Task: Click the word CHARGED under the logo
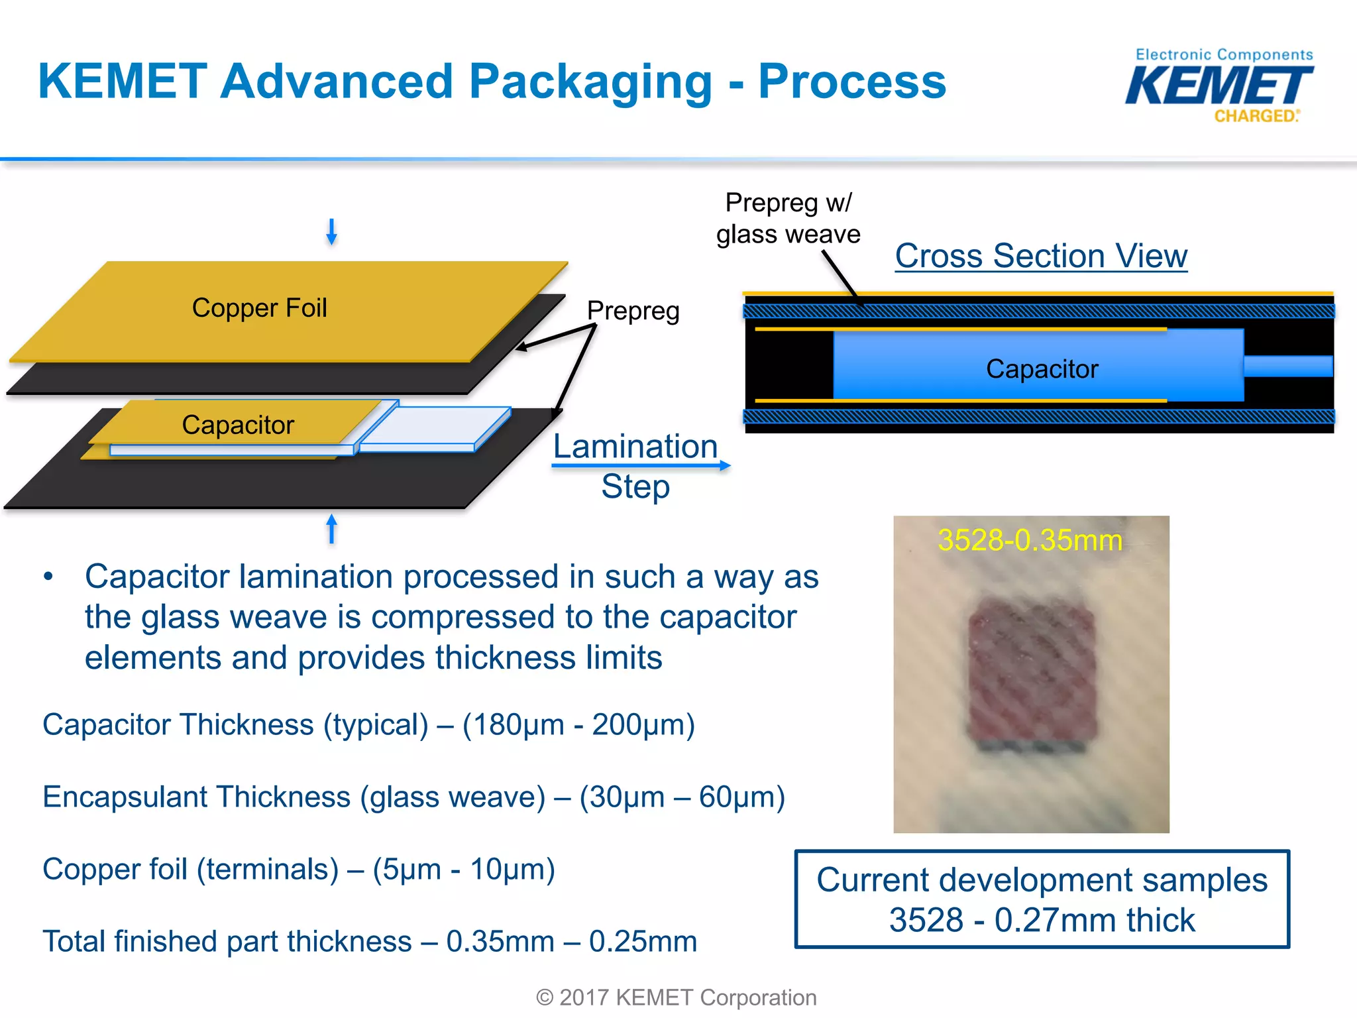(x=1255, y=116)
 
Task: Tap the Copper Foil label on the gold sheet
(x=259, y=308)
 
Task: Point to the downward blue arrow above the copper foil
(x=331, y=232)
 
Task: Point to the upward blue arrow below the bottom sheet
(x=331, y=529)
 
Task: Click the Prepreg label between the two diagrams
(x=633, y=311)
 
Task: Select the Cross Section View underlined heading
(x=1041, y=256)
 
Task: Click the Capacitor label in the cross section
(x=1042, y=369)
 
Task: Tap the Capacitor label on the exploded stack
(x=237, y=425)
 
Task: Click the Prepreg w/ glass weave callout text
(x=788, y=219)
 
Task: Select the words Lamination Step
(x=635, y=466)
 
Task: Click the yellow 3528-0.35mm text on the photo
(x=1030, y=540)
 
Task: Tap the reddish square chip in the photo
(x=1031, y=676)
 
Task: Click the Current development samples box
(x=1042, y=899)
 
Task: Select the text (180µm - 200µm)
(x=578, y=725)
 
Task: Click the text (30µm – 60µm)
(x=682, y=797)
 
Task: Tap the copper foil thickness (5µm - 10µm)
(x=463, y=870)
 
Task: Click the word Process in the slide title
(x=852, y=82)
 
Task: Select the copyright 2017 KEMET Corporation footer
(x=676, y=997)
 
